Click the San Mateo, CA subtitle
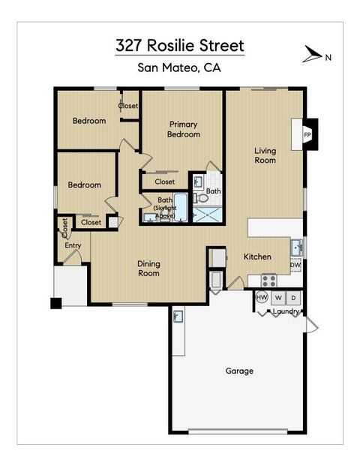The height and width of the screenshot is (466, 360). (x=179, y=68)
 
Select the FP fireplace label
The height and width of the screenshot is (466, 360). (x=307, y=135)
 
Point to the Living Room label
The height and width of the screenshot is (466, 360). (x=265, y=155)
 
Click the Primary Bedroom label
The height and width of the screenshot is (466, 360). (x=184, y=129)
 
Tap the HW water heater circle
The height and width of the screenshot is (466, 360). (x=262, y=298)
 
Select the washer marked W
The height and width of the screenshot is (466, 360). (x=278, y=298)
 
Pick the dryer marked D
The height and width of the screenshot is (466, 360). (x=294, y=298)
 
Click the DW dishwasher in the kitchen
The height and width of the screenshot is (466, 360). (x=295, y=265)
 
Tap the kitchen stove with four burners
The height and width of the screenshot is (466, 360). (x=268, y=281)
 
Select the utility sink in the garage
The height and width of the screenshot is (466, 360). (x=178, y=317)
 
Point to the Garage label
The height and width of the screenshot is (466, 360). (x=239, y=371)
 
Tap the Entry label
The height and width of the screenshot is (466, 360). (x=73, y=245)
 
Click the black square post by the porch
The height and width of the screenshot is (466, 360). (x=55, y=303)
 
